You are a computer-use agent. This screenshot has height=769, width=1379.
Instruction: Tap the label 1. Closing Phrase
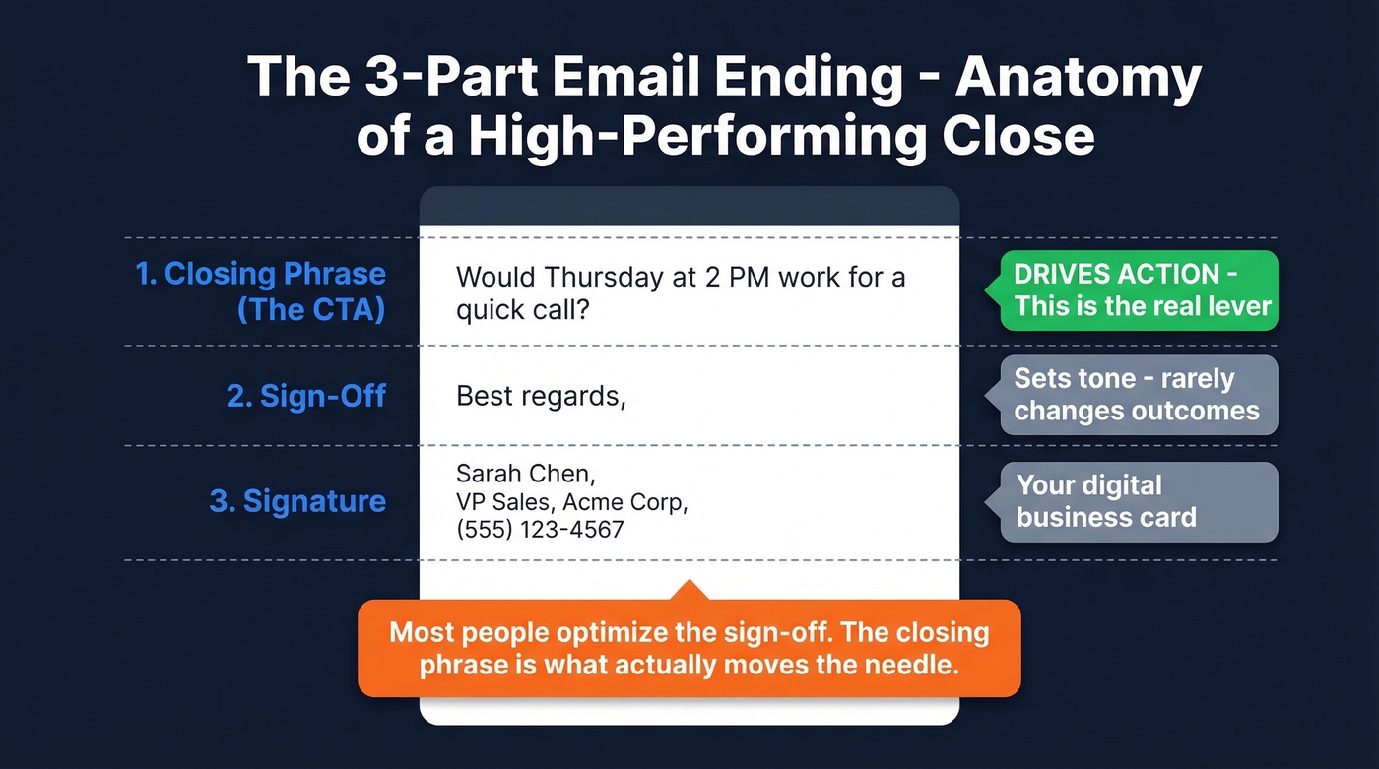(260, 274)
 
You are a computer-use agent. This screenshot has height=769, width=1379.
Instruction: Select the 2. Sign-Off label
(305, 396)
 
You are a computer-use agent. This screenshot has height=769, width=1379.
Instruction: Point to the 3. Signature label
(296, 501)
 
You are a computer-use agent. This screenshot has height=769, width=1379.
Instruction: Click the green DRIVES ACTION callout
(1139, 290)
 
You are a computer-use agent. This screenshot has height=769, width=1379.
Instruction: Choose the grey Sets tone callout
(1138, 395)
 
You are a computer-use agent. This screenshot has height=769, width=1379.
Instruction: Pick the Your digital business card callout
(1138, 501)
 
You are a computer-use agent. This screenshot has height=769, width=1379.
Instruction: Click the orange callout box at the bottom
(689, 648)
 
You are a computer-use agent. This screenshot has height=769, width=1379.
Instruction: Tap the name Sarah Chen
(524, 474)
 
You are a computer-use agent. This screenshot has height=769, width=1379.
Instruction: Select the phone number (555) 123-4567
(540, 530)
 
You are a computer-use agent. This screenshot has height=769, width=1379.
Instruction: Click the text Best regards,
(541, 396)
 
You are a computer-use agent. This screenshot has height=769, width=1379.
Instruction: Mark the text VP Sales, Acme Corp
(570, 502)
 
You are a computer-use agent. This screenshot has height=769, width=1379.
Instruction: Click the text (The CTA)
(311, 309)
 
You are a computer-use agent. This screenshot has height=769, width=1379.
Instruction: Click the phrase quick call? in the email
(522, 310)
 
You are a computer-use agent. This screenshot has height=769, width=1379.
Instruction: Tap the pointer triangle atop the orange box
(689, 591)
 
